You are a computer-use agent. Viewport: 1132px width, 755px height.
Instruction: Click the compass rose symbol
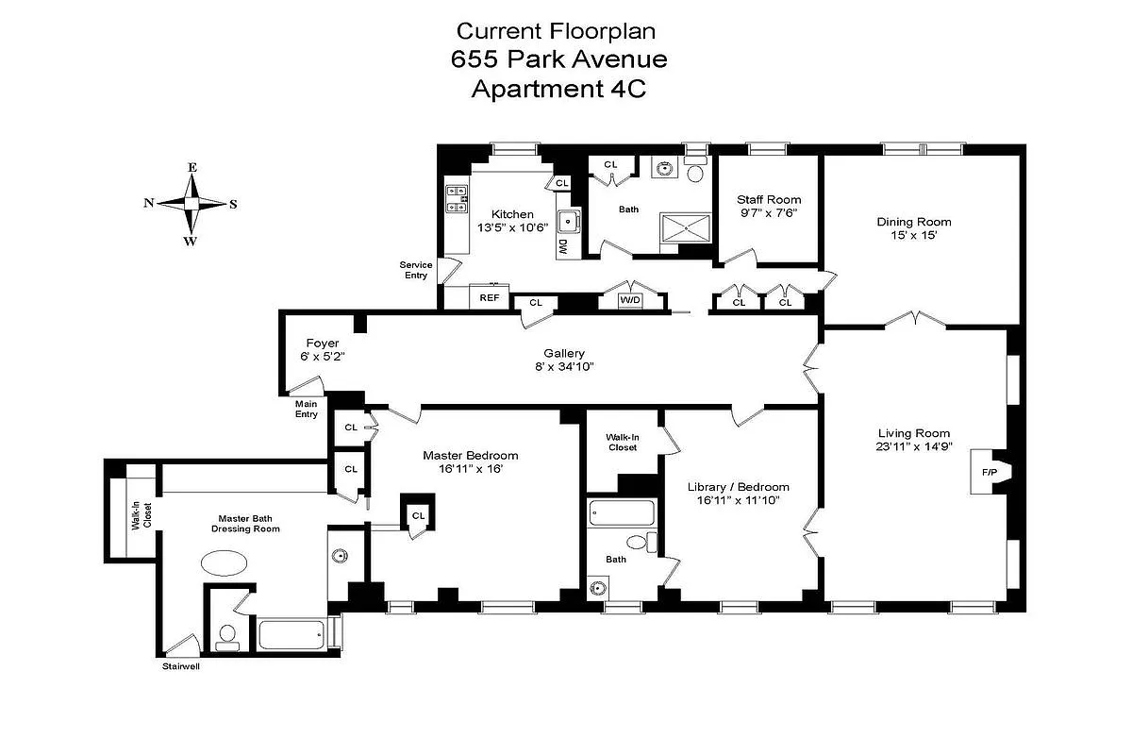point(191,203)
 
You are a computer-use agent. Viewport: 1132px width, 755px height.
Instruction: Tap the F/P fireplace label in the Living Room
point(990,471)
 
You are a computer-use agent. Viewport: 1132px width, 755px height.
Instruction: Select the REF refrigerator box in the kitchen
point(489,297)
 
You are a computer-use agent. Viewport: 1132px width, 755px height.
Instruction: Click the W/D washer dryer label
point(629,301)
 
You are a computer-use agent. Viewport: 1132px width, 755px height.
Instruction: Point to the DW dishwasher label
point(562,247)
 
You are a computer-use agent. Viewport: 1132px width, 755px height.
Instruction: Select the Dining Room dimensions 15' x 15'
point(913,236)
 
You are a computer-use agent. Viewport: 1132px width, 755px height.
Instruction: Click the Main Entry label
point(307,409)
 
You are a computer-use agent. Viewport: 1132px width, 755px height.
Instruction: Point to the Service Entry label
point(415,270)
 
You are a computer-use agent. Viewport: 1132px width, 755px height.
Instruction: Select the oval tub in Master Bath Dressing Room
point(225,563)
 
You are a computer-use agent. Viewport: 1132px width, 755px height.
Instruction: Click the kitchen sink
point(569,222)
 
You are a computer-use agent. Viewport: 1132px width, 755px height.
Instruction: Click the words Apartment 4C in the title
point(558,90)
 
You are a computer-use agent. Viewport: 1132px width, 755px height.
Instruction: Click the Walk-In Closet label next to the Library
point(621,442)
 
